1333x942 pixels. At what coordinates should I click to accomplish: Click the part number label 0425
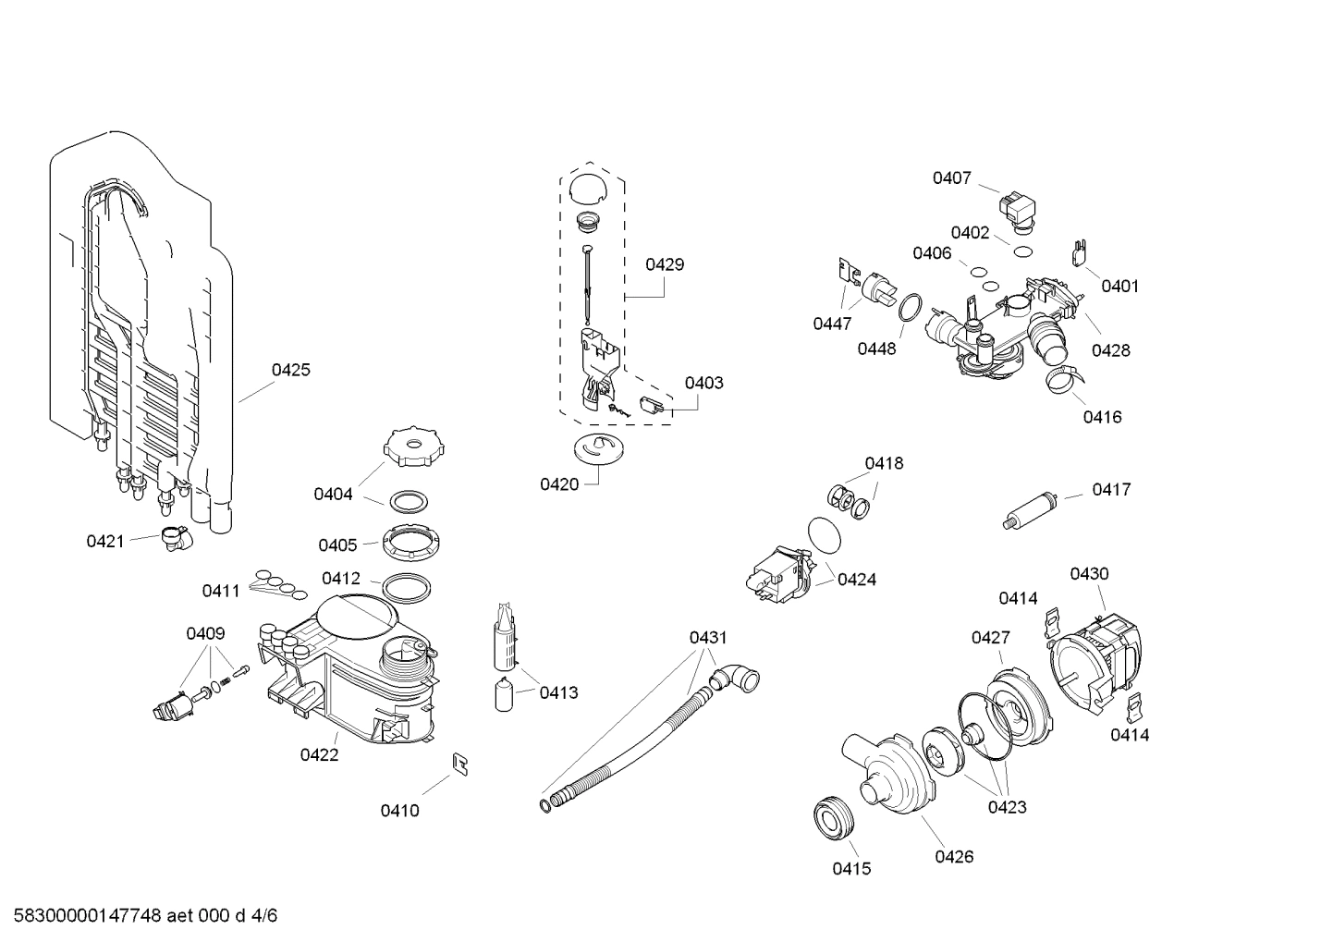click(x=290, y=370)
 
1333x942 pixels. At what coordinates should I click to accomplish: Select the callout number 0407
click(x=951, y=177)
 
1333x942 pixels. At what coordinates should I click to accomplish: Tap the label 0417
click(x=1111, y=489)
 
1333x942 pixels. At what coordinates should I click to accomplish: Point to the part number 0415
click(x=851, y=868)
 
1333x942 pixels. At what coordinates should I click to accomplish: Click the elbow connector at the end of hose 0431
click(x=742, y=679)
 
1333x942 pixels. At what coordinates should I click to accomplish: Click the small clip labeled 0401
click(x=1079, y=251)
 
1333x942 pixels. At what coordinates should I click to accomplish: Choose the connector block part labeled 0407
click(x=1019, y=208)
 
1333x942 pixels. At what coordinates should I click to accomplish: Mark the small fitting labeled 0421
click(x=172, y=537)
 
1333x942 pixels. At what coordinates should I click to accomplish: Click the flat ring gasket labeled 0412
click(x=406, y=587)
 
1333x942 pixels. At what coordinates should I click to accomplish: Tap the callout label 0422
click(x=319, y=754)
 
